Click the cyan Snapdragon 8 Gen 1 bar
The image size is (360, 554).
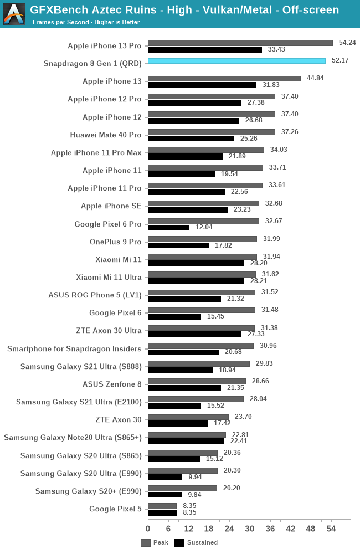[x=236, y=61]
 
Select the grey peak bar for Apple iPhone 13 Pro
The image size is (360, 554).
[x=240, y=43]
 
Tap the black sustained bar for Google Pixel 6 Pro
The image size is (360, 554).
[x=169, y=228]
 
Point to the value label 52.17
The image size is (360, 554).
[x=340, y=60]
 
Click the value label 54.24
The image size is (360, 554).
[x=347, y=43]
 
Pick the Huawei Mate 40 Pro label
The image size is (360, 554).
[x=106, y=135]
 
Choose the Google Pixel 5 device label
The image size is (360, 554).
[x=115, y=509]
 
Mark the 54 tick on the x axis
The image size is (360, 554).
[x=331, y=529]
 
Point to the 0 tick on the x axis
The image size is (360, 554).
[x=148, y=529]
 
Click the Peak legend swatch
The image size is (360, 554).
[x=146, y=543]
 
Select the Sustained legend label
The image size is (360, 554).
[x=202, y=543]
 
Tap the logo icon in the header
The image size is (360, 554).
[x=14, y=14]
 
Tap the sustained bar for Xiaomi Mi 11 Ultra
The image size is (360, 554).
[x=196, y=281]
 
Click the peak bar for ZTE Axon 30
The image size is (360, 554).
[x=188, y=417]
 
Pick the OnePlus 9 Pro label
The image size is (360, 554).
[x=116, y=242]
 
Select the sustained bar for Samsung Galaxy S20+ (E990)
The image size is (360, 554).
[x=164, y=495]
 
